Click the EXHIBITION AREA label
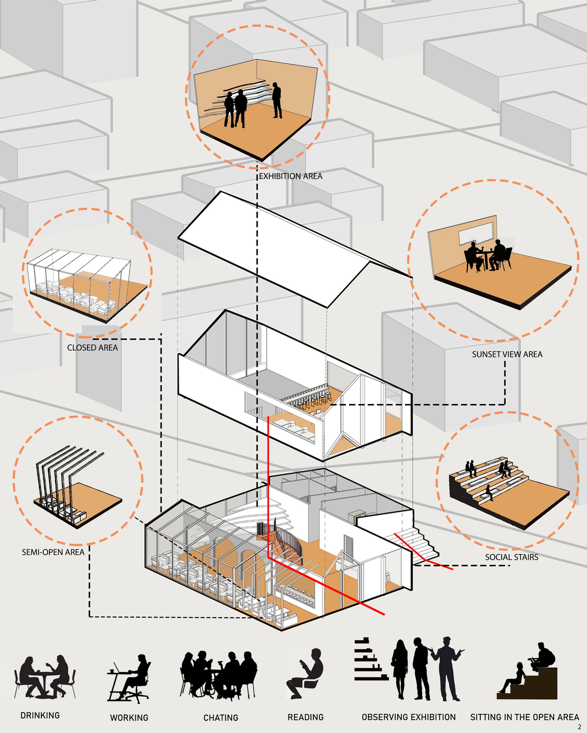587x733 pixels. [x=291, y=176]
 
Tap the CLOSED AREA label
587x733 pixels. [x=92, y=347]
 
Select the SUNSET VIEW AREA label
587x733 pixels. [x=507, y=354]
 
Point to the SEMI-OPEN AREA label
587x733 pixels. [x=53, y=552]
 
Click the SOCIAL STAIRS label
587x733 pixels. [x=512, y=557]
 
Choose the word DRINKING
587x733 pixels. [x=40, y=715]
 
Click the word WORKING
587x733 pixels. [x=129, y=718]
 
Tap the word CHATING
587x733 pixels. [x=221, y=718]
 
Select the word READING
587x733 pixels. [x=306, y=717]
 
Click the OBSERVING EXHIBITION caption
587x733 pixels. [x=409, y=717]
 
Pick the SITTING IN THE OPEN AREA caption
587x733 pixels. [x=525, y=717]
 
